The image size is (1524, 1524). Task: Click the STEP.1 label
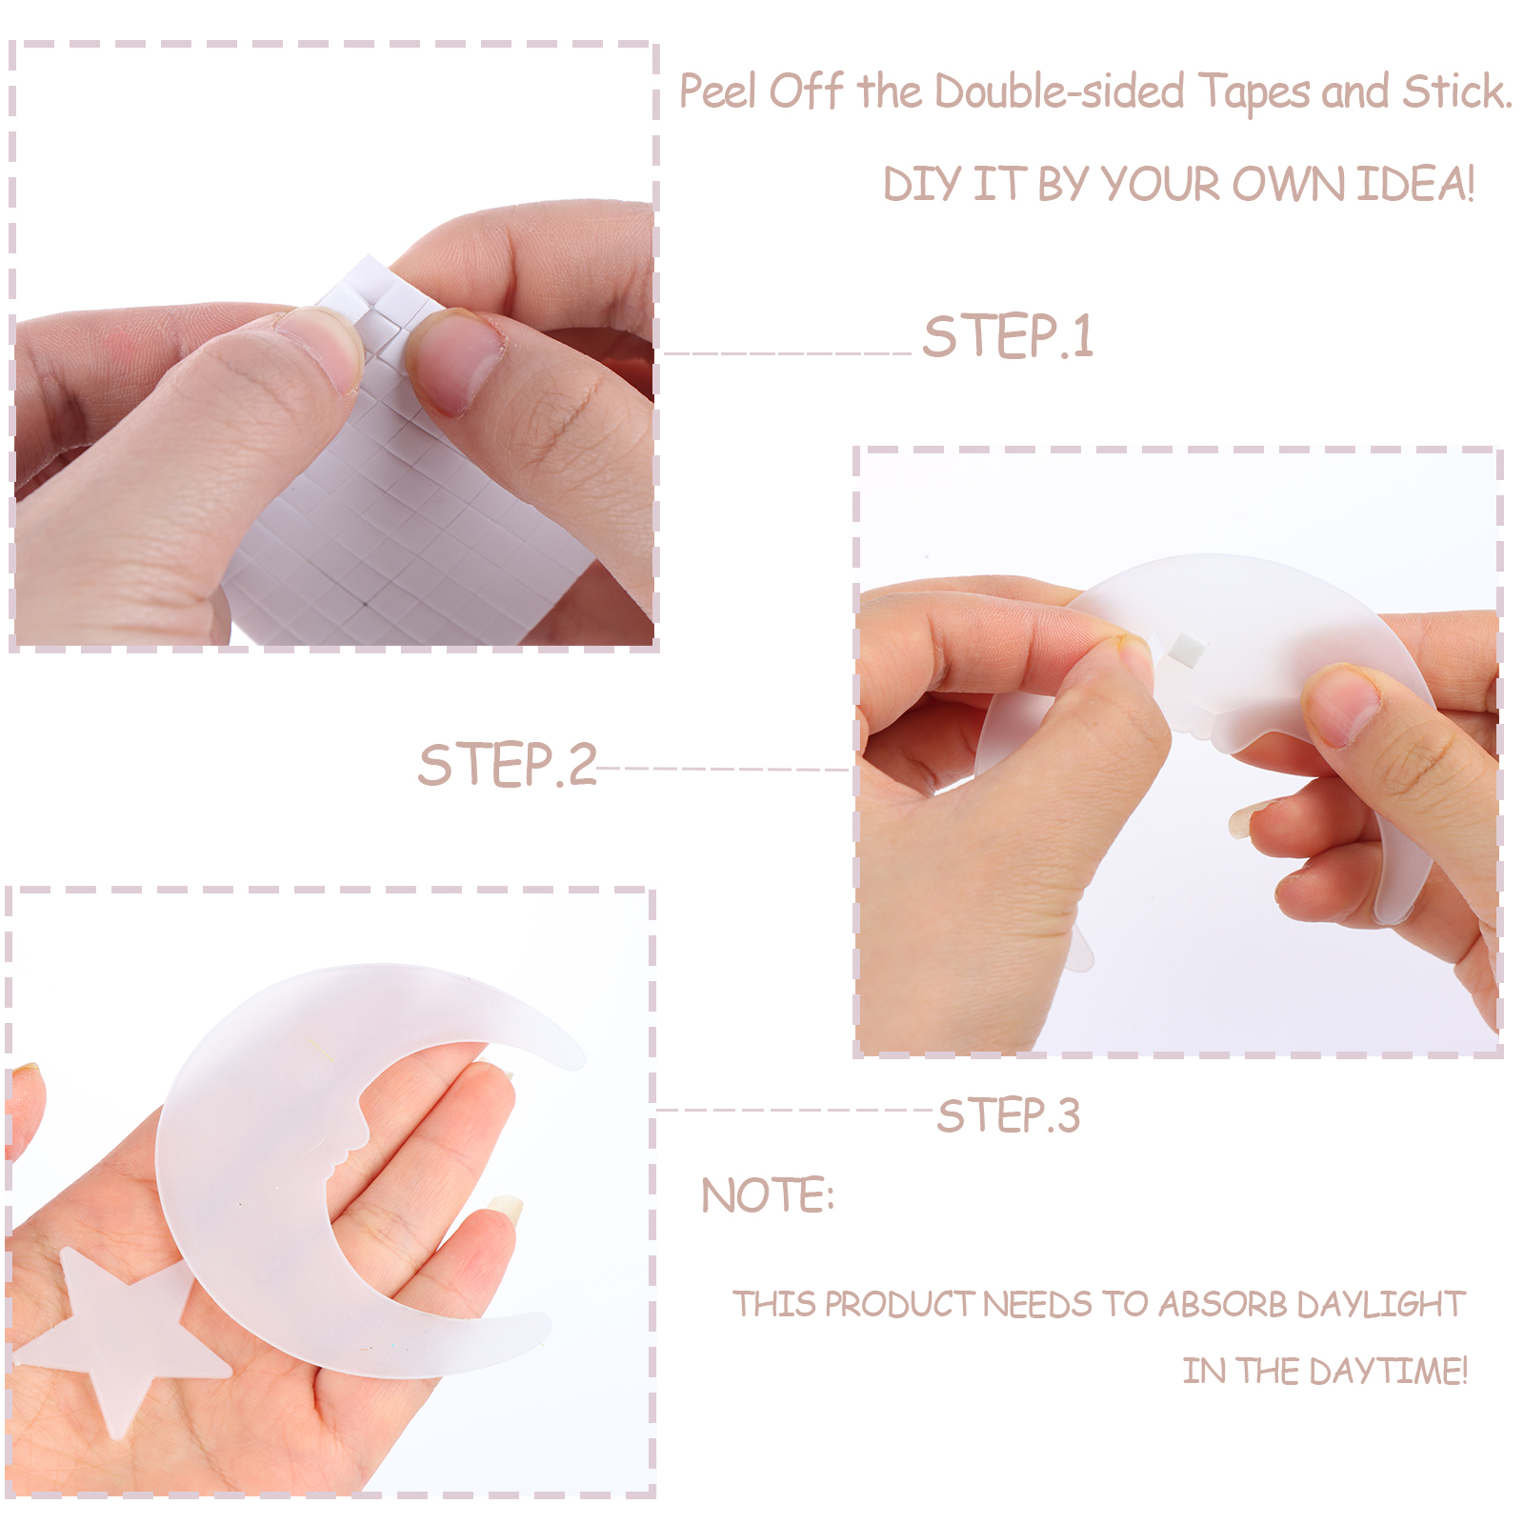point(1008,336)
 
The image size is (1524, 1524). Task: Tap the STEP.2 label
point(508,765)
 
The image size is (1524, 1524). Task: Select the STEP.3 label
point(1009,1115)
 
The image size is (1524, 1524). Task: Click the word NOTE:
point(768,1195)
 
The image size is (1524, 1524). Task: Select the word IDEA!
point(1416,184)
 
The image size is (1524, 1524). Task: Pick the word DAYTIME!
point(1389,1371)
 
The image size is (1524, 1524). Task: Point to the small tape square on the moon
point(1187,649)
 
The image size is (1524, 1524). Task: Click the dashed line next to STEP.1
point(788,353)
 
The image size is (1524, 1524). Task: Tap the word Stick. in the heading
point(1457,91)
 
